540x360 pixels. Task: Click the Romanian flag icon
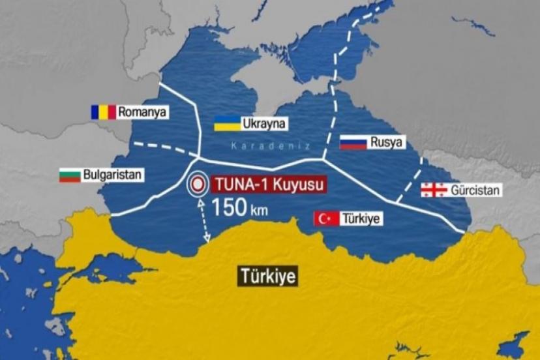tap(103, 112)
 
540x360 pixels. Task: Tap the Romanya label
tap(143, 112)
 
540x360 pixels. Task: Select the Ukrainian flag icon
tap(226, 123)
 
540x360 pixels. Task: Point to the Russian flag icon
tap(353, 143)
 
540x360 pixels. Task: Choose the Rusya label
tap(387, 143)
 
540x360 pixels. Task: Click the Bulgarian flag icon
tap(70, 175)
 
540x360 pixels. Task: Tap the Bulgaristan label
tap(112, 175)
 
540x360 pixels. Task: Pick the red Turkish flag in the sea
tap(326, 219)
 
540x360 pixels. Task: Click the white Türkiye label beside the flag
tap(361, 219)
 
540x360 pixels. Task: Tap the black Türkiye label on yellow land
tap(267, 276)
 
